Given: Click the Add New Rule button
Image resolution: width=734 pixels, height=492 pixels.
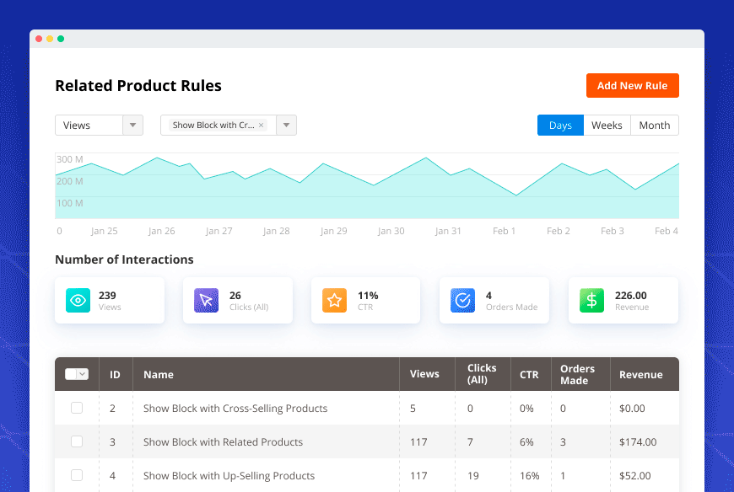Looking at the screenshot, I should pos(632,86).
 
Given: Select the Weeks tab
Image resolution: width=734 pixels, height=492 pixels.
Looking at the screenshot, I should pos(607,126).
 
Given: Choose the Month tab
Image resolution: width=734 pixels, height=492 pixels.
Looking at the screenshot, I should pos(654,126).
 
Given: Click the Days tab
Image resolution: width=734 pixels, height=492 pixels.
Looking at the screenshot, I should pos(560,126).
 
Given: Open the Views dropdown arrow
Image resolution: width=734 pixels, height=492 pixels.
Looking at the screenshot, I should pos(132,126).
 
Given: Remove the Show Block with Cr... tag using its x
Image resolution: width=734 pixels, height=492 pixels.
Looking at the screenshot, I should pos(262,126).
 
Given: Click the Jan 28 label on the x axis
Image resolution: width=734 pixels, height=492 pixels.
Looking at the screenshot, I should pos(276,231).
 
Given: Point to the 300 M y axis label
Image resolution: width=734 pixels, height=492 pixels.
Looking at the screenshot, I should pos(69,159).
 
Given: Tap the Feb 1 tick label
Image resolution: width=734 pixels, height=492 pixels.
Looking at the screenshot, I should pos(504,231).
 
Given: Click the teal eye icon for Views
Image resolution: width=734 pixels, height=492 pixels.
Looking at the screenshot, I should pos(78,301).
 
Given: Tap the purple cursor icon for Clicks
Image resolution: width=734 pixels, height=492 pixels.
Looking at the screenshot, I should pos(206,301).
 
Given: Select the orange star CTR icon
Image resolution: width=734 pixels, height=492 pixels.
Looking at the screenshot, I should pos(334,301).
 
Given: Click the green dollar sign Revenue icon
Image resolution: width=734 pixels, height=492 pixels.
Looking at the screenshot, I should pos(591,301).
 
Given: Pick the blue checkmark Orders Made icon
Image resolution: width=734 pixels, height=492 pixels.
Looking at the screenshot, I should pos(462,301).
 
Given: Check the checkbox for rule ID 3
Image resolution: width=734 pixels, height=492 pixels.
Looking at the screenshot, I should pos(77,441).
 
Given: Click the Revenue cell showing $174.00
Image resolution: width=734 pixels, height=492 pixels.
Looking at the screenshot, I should pos(638,442).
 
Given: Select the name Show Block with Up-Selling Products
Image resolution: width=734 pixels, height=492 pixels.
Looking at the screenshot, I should pos(229,476).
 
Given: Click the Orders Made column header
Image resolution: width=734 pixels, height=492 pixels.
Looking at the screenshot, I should pos(578,374).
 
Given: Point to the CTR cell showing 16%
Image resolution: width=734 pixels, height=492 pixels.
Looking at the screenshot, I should pos(529,476).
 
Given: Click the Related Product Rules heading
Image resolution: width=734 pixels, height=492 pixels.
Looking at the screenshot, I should pos(138,86).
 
